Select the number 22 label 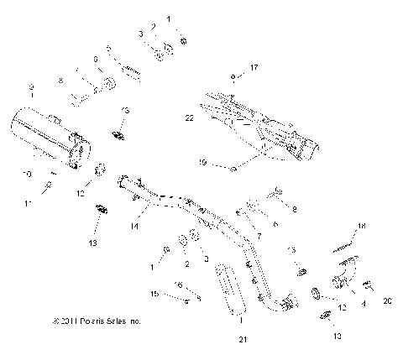click(190, 118)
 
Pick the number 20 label click(387, 300)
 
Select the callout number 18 click(363, 227)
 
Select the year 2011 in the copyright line click(63, 321)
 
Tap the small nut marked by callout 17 click(231, 76)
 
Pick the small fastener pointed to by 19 click(233, 170)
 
